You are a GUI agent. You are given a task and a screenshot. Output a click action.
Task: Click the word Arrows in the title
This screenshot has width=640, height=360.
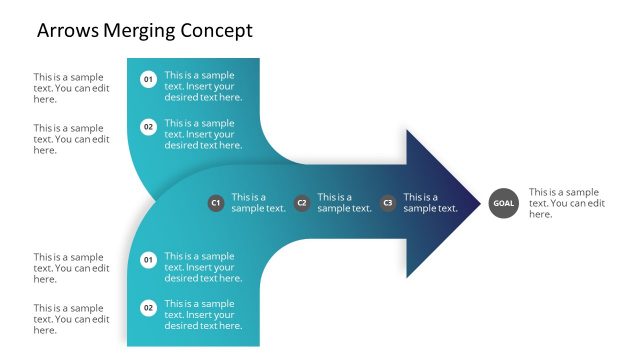[x=68, y=31]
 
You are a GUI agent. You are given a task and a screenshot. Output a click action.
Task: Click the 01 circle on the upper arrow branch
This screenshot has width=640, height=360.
[x=148, y=79]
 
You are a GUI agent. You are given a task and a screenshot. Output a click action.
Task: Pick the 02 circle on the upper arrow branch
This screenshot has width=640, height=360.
[x=148, y=127]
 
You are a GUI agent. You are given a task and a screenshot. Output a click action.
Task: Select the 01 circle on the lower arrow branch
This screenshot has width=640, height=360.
[x=148, y=260]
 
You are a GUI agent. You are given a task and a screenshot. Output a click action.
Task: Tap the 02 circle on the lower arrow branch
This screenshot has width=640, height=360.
[x=148, y=308]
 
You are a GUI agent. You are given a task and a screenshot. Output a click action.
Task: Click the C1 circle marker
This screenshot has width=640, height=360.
[x=215, y=203]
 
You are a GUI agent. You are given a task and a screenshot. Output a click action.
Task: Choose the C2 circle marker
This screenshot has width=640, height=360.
[x=302, y=203]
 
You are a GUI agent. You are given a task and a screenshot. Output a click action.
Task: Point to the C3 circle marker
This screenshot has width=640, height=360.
[x=388, y=203]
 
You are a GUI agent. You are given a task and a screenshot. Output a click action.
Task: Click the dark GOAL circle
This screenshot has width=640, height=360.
[x=503, y=203]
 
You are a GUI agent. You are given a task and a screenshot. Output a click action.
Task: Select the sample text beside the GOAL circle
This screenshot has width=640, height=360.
[x=567, y=203]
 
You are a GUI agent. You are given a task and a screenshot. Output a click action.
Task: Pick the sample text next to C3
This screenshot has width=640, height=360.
[x=430, y=203]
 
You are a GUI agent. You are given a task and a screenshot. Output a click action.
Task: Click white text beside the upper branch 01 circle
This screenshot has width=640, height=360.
[x=203, y=86]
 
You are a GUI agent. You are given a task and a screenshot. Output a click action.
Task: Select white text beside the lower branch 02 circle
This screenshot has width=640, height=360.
[x=203, y=315]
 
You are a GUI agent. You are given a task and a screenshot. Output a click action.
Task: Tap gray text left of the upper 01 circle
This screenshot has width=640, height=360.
[x=71, y=87]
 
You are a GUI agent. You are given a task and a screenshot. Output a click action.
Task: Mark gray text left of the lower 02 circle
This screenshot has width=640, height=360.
[x=71, y=319]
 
